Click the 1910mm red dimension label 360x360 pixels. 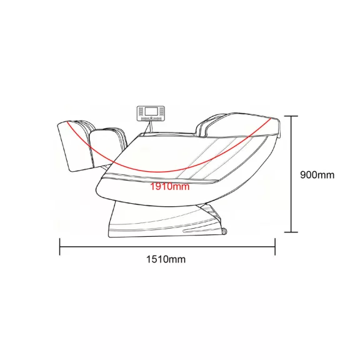[x=170, y=186]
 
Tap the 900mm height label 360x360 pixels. [x=317, y=175]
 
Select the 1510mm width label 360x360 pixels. [x=166, y=259]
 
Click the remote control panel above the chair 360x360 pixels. [x=151, y=113]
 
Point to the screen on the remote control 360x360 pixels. [x=151, y=111]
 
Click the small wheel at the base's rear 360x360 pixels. [x=224, y=232]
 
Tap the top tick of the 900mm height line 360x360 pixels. [x=291, y=116]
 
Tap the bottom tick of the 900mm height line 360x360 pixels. [x=291, y=232]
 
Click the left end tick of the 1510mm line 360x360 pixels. [x=60, y=247]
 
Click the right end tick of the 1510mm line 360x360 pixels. [x=275, y=247]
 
